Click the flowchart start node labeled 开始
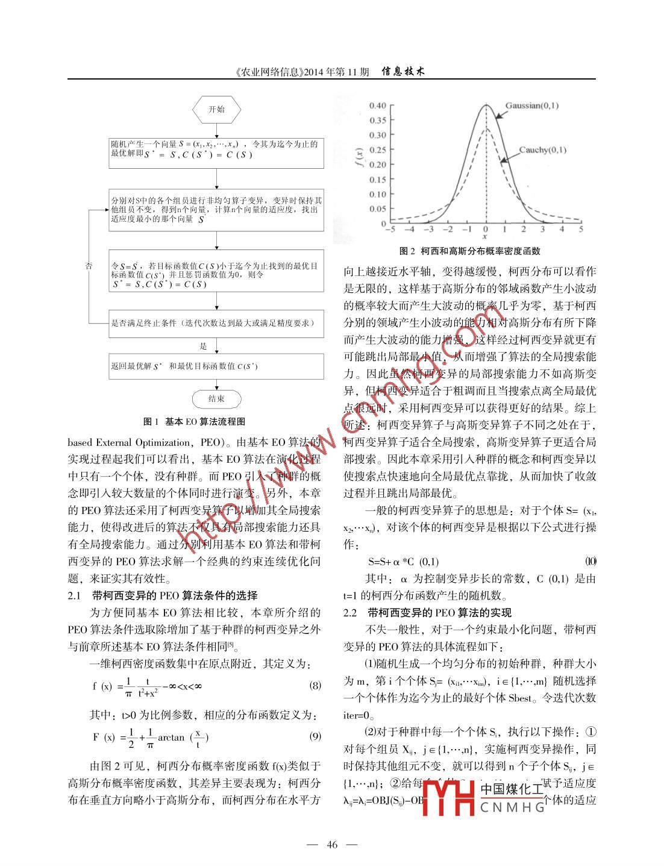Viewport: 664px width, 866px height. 216,110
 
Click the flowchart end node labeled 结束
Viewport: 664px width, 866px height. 216,399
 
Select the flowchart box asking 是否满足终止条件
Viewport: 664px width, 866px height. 216,323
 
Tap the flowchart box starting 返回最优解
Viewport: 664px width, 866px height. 216,366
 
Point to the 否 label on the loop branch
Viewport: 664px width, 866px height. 89,266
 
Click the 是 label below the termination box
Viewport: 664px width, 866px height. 204,346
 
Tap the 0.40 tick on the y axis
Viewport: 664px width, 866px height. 378,106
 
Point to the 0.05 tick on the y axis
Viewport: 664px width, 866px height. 378,209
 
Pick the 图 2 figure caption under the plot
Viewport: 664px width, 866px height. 469,251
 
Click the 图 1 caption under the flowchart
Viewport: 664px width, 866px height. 194,421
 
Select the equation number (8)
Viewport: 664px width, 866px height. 315,685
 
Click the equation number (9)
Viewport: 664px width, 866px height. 315,736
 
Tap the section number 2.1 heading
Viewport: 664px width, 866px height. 74,595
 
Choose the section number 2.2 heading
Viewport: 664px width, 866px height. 350,612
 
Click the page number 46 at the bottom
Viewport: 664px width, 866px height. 332,844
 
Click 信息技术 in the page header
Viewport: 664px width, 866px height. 403,71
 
